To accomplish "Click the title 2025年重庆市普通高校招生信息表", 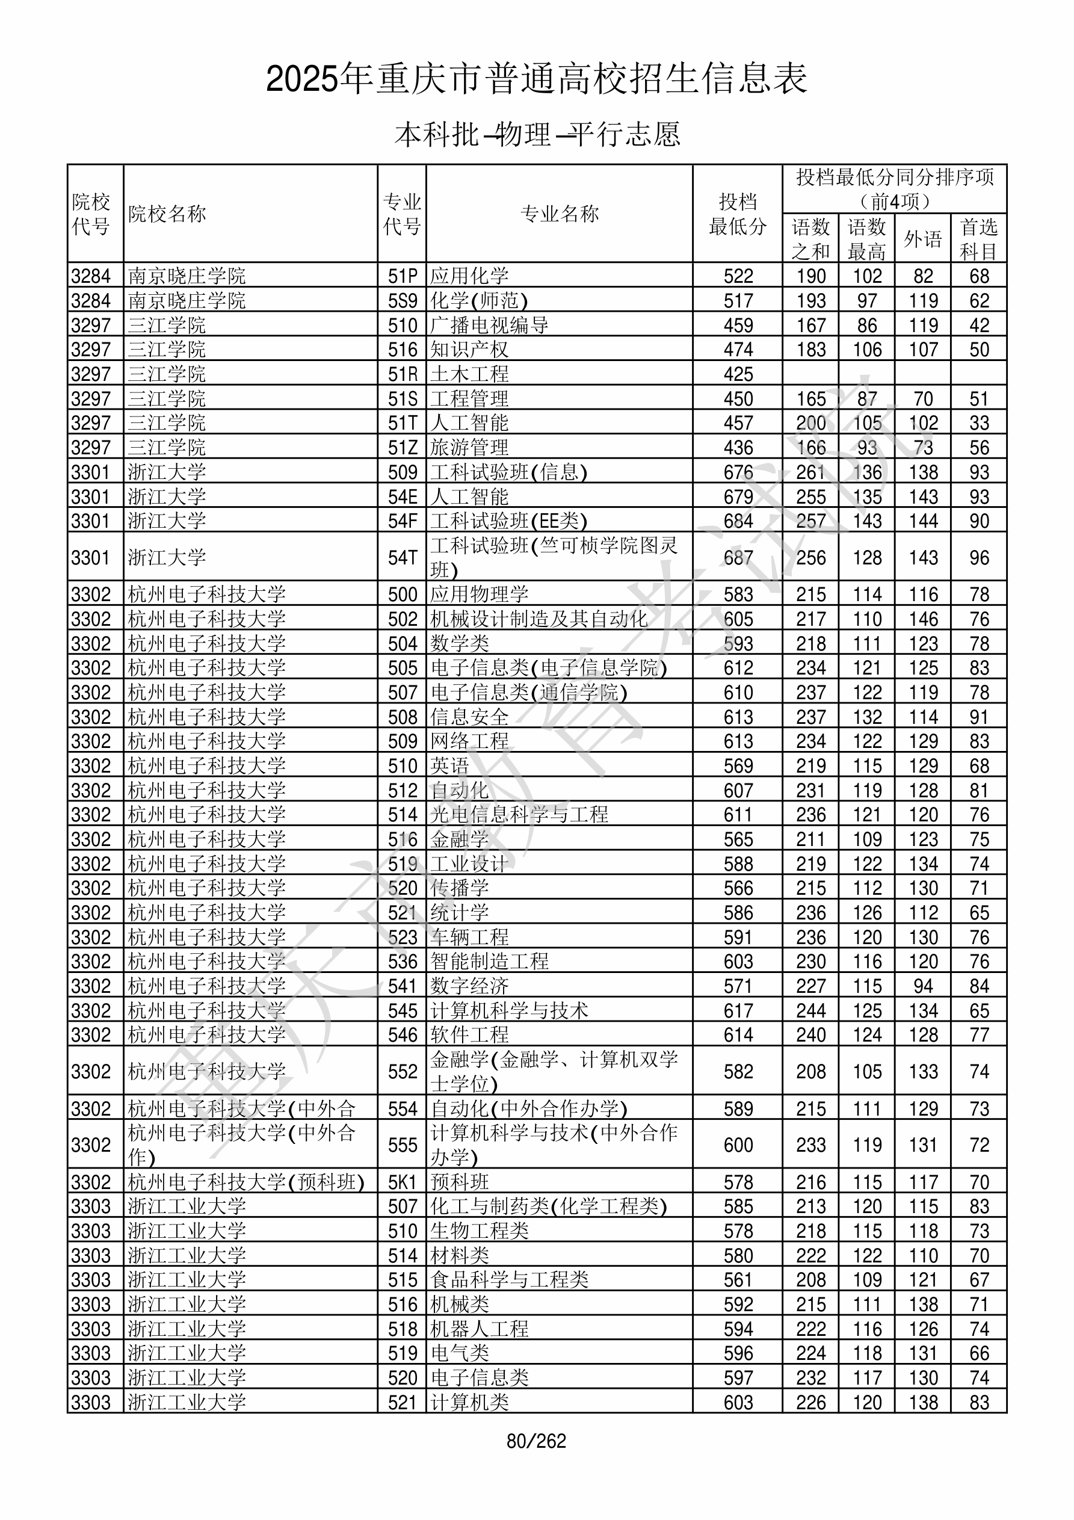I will click(x=536, y=79).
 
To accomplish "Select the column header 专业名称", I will click(x=560, y=214).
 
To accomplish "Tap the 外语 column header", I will click(x=922, y=239).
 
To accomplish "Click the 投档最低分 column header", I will click(x=737, y=214).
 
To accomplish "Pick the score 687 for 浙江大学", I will click(x=738, y=557).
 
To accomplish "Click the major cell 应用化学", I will click(x=469, y=276).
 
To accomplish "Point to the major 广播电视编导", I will click(x=489, y=326).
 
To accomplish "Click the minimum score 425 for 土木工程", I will click(x=738, y=375).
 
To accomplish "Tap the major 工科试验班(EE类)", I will click(x=508, y=521).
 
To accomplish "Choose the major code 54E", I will click(x=403, y=496).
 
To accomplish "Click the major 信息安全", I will click(x=469, y=717).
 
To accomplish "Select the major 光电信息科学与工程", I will click(x=519, y=814).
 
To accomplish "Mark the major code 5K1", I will click(x=403, y=1182).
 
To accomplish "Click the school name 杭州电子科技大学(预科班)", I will click(x=245, y=1182).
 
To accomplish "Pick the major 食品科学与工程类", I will click(x=509, y=1280).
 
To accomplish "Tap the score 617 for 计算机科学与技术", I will click(x=738, y=1011).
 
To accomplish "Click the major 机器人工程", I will click(x=480, y=1329).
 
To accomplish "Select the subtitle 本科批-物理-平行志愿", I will click(x=537, y=134).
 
